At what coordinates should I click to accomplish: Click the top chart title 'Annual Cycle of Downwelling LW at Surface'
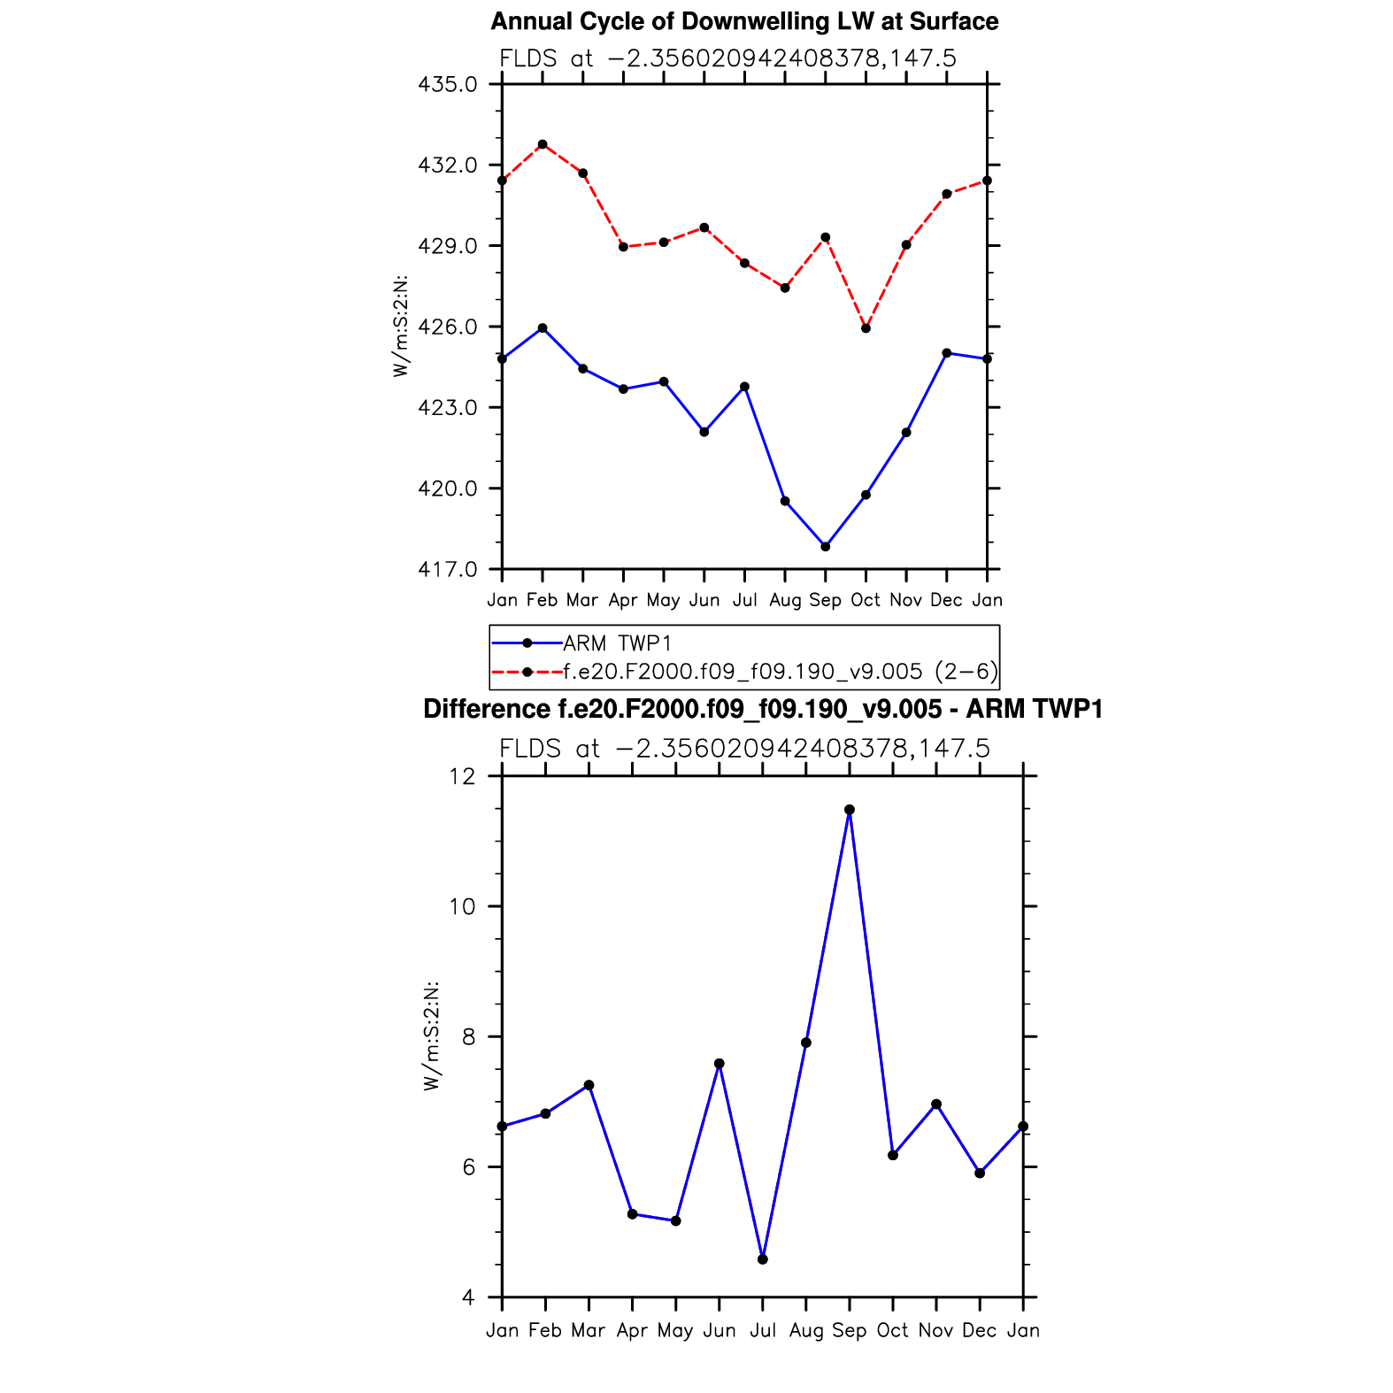[x=744, y=21]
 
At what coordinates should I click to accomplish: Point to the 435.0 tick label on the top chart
[x=447, y=85]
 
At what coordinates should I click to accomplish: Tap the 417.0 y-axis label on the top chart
[x=447, y=569]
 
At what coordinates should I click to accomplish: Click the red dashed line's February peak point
[x=543, y=144]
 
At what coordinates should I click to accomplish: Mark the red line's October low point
[x=866, y=328]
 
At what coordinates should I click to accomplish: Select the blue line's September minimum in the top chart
[x=826, y=547]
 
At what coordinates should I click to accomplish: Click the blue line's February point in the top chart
[x=543, y=328]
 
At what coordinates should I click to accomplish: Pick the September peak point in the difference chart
[x=850, y=810]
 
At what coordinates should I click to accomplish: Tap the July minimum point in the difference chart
[x=763, y=1259]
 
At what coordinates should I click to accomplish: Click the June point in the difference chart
[x=720, y=1064]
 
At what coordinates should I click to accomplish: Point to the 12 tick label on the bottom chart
[x=462, y=777]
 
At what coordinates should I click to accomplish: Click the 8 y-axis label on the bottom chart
[x=468, y=1037]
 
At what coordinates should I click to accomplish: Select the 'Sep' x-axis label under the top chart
[x=826, y=600]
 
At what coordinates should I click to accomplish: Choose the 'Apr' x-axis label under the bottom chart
[x=632, y=1331]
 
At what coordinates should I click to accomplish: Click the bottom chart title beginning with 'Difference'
[x=763, y=710]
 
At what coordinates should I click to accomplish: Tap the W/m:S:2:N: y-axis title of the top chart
[x=402, y=327]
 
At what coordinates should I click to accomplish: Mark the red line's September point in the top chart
[x=826, y=237]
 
